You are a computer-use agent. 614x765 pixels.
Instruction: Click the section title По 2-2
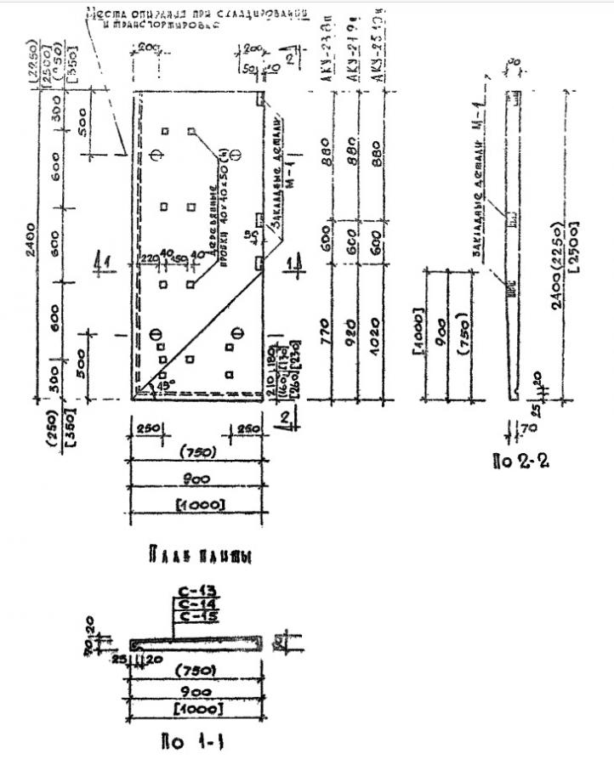(521, 464)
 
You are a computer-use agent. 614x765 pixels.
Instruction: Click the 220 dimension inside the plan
(150, 258)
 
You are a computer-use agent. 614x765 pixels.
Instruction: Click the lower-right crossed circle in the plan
(239, 332)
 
